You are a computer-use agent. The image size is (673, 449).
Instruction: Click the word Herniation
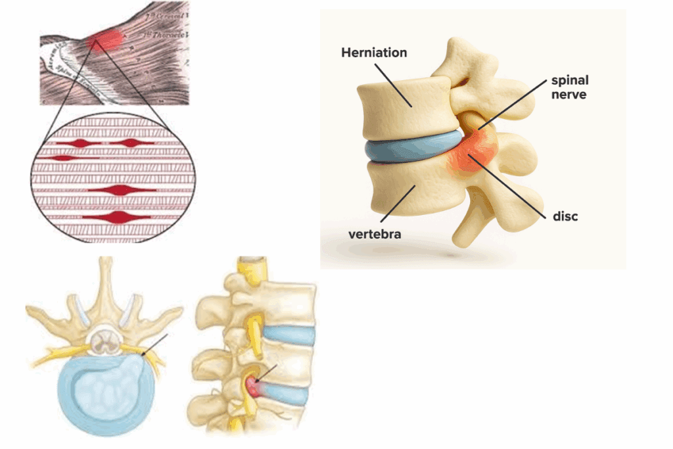[373, 52]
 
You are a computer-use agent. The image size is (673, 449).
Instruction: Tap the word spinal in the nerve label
[570, 81]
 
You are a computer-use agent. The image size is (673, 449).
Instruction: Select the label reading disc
[565, 216]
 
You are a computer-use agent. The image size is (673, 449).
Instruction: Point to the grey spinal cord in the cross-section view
[104, 340]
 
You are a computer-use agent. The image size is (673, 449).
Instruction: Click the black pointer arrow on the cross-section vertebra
[154, 345]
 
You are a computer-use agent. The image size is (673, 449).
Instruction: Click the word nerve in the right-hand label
[570, 95]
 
